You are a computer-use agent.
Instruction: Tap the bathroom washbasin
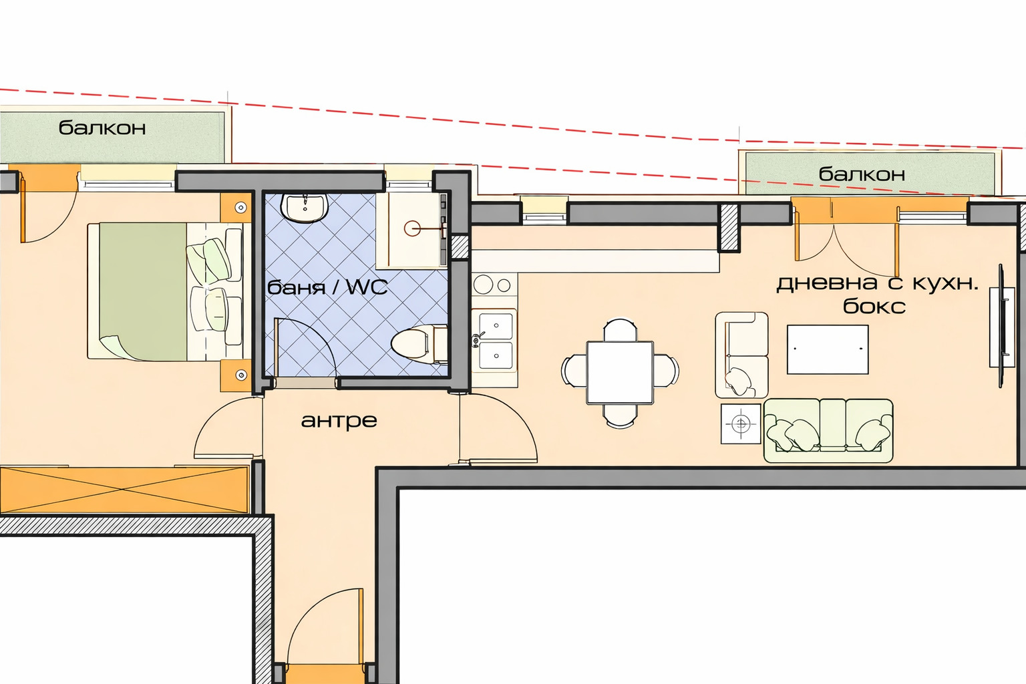pos(305,207)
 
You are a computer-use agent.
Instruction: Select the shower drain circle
pos(412,228)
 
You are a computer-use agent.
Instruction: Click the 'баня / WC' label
pos(327,288)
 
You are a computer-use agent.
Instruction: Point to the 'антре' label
pos(339,421)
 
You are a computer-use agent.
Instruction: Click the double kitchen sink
pos(495,339)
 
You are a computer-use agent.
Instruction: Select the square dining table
pos(620,373)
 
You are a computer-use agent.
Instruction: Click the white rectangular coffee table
pos(828,349)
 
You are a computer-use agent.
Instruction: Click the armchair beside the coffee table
pos(741,355)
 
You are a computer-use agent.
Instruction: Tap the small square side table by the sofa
pos(741,423)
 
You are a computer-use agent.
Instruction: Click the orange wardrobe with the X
pos(124,490)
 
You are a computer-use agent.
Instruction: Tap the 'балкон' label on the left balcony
pos(102,128)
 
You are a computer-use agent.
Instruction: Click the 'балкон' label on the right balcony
pos(862,174)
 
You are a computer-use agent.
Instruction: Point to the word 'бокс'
pos(874,305)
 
